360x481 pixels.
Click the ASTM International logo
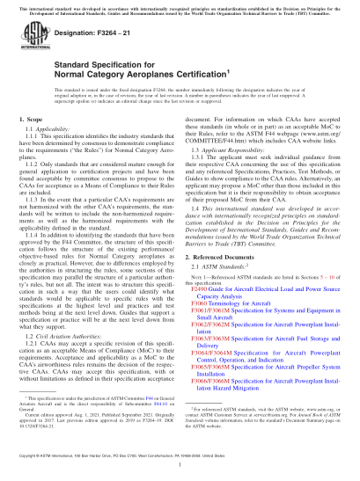coord(35,43)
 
